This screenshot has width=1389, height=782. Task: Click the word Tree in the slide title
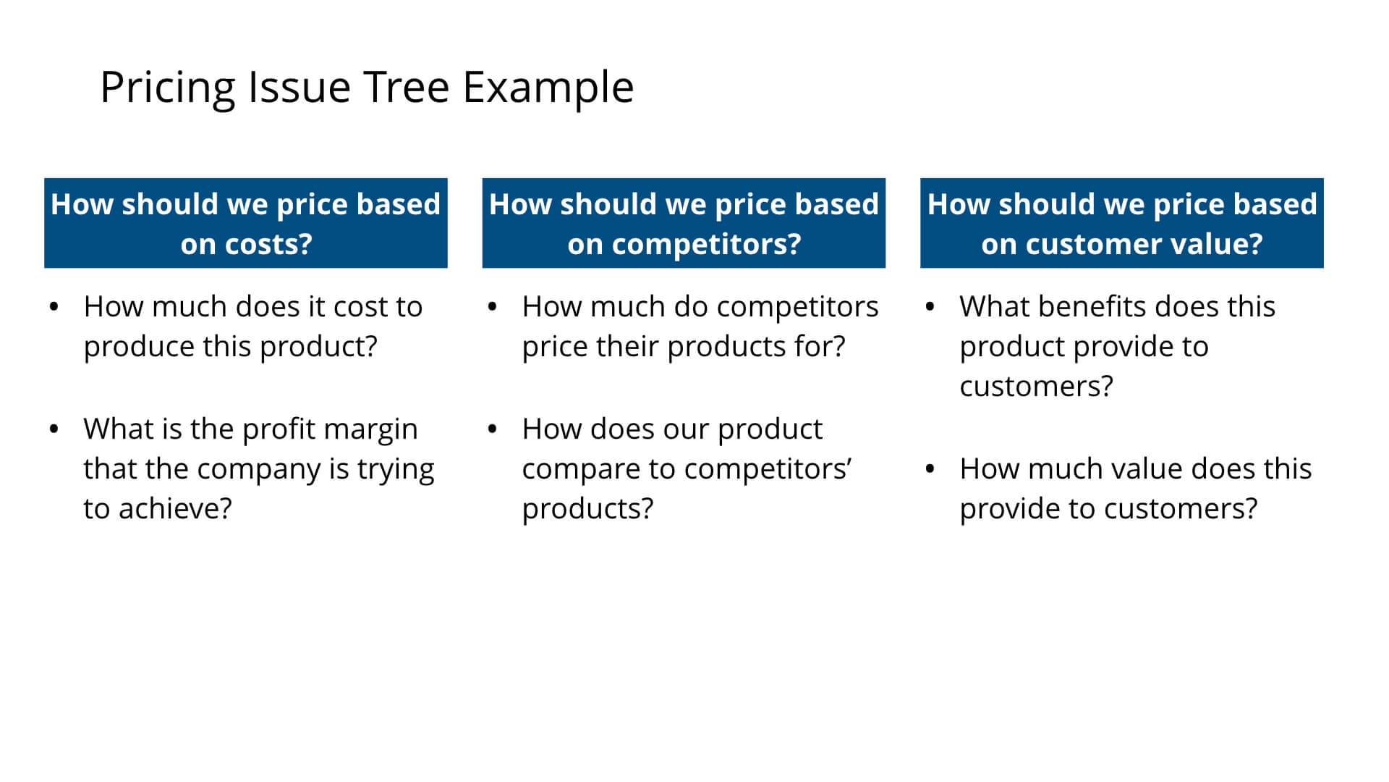pos(407,87)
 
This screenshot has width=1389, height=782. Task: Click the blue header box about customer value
pos(1121,223)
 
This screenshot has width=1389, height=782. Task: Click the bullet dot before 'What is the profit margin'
pos(54,429)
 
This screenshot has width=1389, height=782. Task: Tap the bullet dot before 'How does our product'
pos(492,429)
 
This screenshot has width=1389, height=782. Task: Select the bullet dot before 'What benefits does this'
pos(930,307)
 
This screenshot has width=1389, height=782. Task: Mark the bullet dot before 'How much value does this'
pos(930,469)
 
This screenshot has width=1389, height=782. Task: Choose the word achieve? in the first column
pos(175,508)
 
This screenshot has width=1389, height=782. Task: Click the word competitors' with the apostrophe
pos(768,469)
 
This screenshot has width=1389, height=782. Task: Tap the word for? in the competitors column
pos(820,346)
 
